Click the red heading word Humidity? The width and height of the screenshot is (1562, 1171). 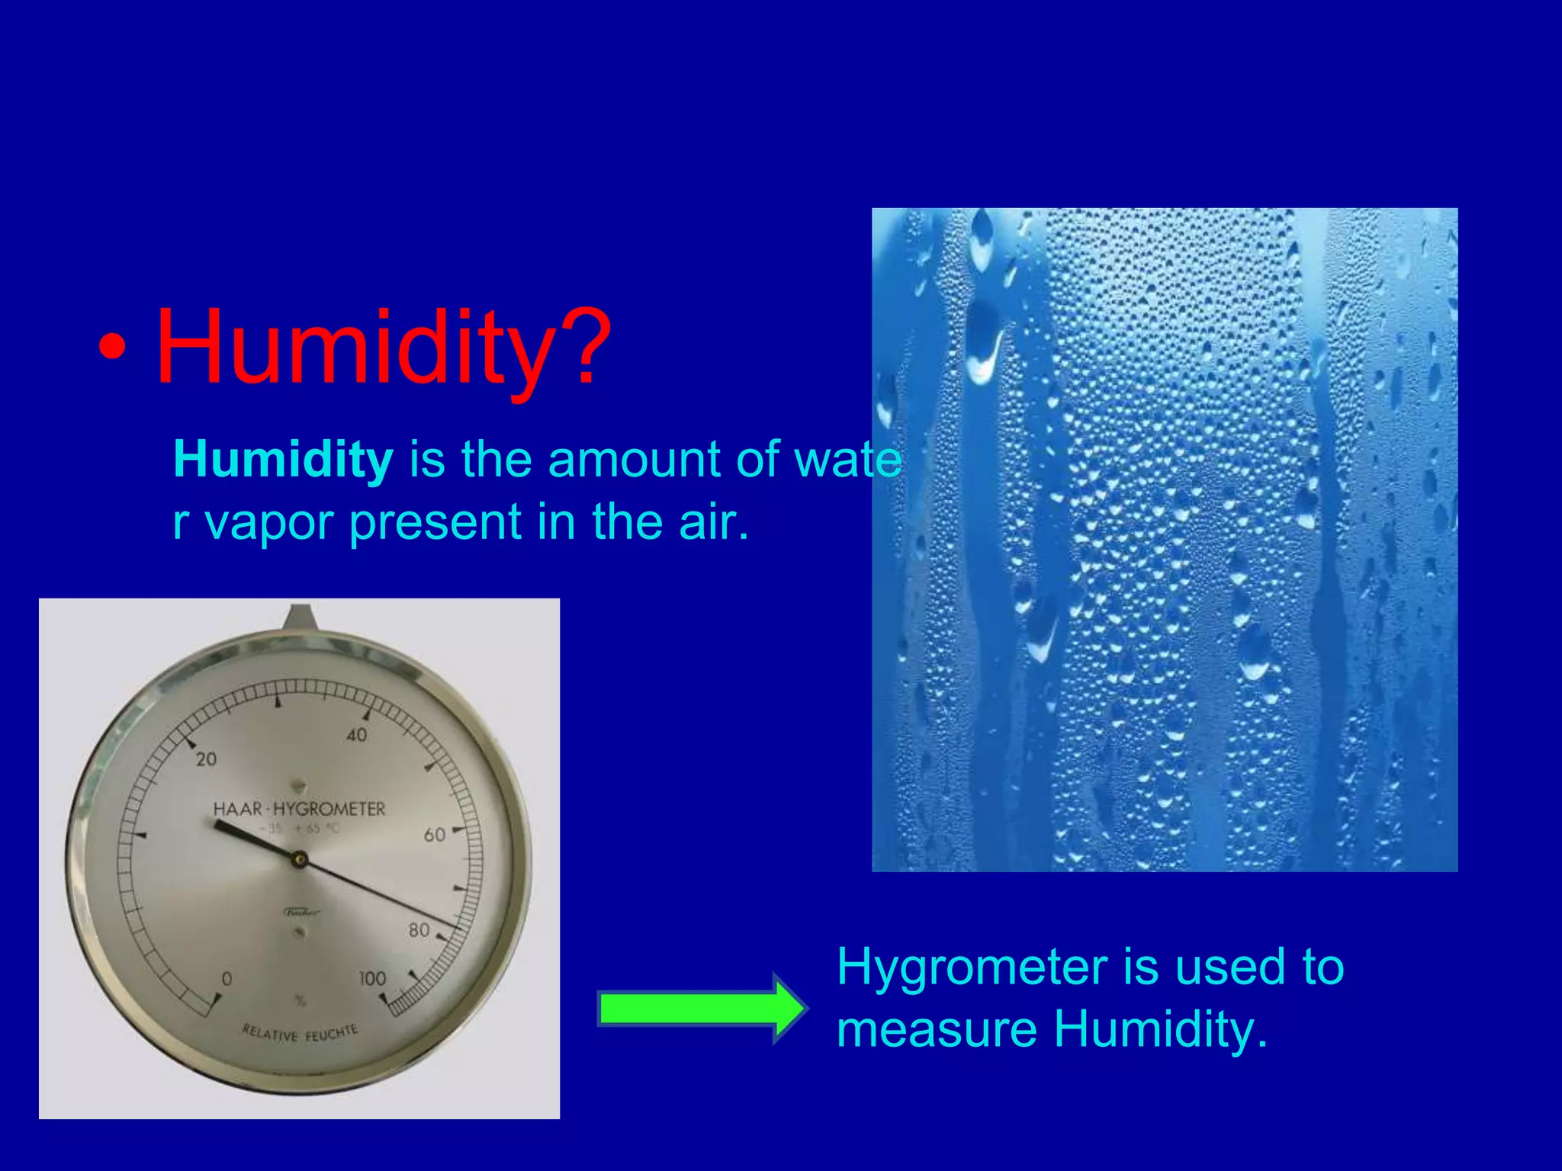pos(383,347)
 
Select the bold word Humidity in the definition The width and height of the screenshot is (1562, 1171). pos(283,460)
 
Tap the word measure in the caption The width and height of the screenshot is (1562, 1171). pos(937,1029)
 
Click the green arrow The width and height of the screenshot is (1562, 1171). pos(701,1008)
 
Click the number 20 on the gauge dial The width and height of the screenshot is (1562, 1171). pos(206,759)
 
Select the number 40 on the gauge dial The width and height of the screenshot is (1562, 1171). pos(356,735)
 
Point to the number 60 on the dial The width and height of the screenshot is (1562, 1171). pos(435,835)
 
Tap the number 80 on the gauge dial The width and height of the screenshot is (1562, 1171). pos(419,930)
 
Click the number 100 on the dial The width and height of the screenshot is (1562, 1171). pos(372,978)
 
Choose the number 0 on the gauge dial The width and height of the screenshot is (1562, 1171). pos(226,979)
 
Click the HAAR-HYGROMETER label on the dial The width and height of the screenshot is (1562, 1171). pos(299,809)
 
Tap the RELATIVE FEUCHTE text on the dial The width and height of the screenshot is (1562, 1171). pos(299,1034)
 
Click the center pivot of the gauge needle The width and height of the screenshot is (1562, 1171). pos(300,861)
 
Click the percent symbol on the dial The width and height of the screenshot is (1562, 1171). pos(300,1000)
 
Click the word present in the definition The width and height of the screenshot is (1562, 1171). pos(435,523)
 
